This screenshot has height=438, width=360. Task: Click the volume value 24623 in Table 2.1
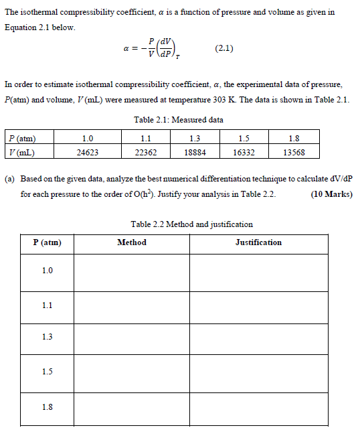(x=87, y=151)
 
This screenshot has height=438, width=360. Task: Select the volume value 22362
(x=146, y=151)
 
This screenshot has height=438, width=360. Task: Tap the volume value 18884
(x=195, y=151)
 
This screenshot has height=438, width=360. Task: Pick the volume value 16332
(x=244, y=151)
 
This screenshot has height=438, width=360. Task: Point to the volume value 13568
(x=294, y=151)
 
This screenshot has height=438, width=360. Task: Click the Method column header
(x=132, y=242)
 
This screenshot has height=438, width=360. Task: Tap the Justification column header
(x=258, y=242)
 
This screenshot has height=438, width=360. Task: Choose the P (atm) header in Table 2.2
(x=47, y=242)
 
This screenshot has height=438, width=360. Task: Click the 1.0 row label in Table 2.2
(x=47, y=271)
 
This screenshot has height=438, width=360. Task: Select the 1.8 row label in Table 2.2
(x=47, y=407)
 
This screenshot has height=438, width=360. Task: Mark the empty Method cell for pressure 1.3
(x=132, y=338)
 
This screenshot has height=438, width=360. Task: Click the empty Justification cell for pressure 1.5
(x=258, y=371)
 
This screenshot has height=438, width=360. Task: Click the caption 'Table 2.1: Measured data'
(x=179, y=120)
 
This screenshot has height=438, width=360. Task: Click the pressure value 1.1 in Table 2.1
(x=146, y=139)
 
